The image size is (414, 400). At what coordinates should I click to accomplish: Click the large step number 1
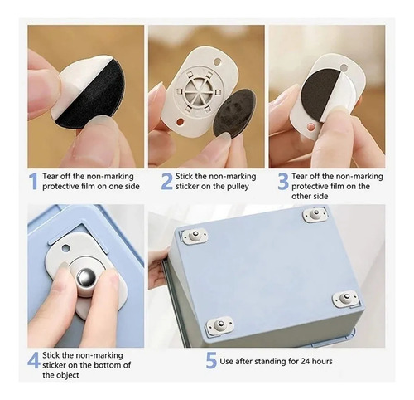(x=33, y=181)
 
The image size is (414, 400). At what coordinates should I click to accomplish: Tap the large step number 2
(x=167, y=181)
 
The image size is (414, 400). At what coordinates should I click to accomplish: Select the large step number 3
(x=283, y=181)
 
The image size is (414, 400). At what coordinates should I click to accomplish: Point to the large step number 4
(x=34, y=360)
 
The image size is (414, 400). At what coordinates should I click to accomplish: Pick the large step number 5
(x=211, y=360)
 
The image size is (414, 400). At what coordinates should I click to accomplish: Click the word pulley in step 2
(x=238, y=187)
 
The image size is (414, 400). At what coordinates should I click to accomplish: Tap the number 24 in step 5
(x=305, y=361)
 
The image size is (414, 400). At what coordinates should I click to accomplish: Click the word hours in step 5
(x=322, y=361)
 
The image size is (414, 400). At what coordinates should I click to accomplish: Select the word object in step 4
(x=68, y=375)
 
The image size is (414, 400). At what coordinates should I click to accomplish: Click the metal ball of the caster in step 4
(x=86, y=278)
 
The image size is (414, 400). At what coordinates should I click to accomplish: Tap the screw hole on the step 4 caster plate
(x=65, y=248)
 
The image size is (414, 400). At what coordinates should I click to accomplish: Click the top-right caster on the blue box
(x=315, y=215)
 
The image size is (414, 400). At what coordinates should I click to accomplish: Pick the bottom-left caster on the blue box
(x=220, y=324)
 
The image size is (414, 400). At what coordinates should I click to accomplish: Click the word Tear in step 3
(x=300, y=176)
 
